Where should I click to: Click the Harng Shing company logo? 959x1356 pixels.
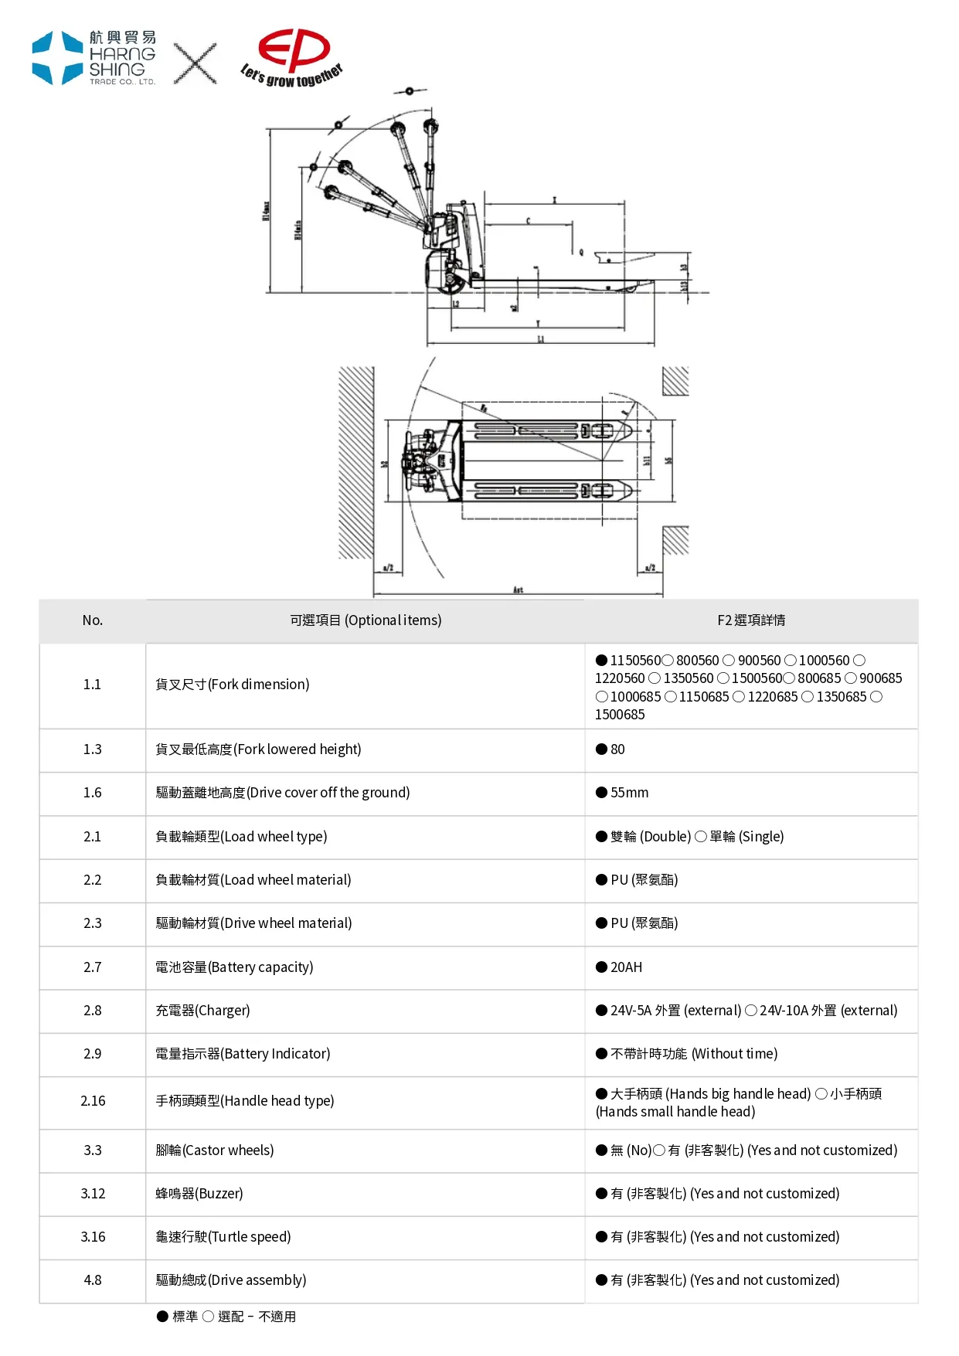[94, 58]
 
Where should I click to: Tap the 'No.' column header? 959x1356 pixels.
[93, 620]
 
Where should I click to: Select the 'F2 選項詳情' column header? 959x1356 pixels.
[751, 620]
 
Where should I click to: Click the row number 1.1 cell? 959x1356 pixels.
[93, 685]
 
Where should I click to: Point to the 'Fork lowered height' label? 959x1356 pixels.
[258, 749]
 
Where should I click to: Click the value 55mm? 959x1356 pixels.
[629, 793]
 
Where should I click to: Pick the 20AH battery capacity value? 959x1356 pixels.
[626, 967]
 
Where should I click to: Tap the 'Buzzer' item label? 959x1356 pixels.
[199, 1194]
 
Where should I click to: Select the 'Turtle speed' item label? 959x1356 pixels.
[223, 1237]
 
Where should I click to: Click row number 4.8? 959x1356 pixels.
[93, 1280]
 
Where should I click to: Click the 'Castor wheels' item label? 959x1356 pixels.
[215, 1150]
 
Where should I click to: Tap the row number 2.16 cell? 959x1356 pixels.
[93, 1101]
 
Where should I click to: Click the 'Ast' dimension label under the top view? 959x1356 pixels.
[518, 590]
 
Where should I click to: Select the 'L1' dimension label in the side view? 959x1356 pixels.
[541, 339]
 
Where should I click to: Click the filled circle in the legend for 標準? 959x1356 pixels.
[162, 1317]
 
